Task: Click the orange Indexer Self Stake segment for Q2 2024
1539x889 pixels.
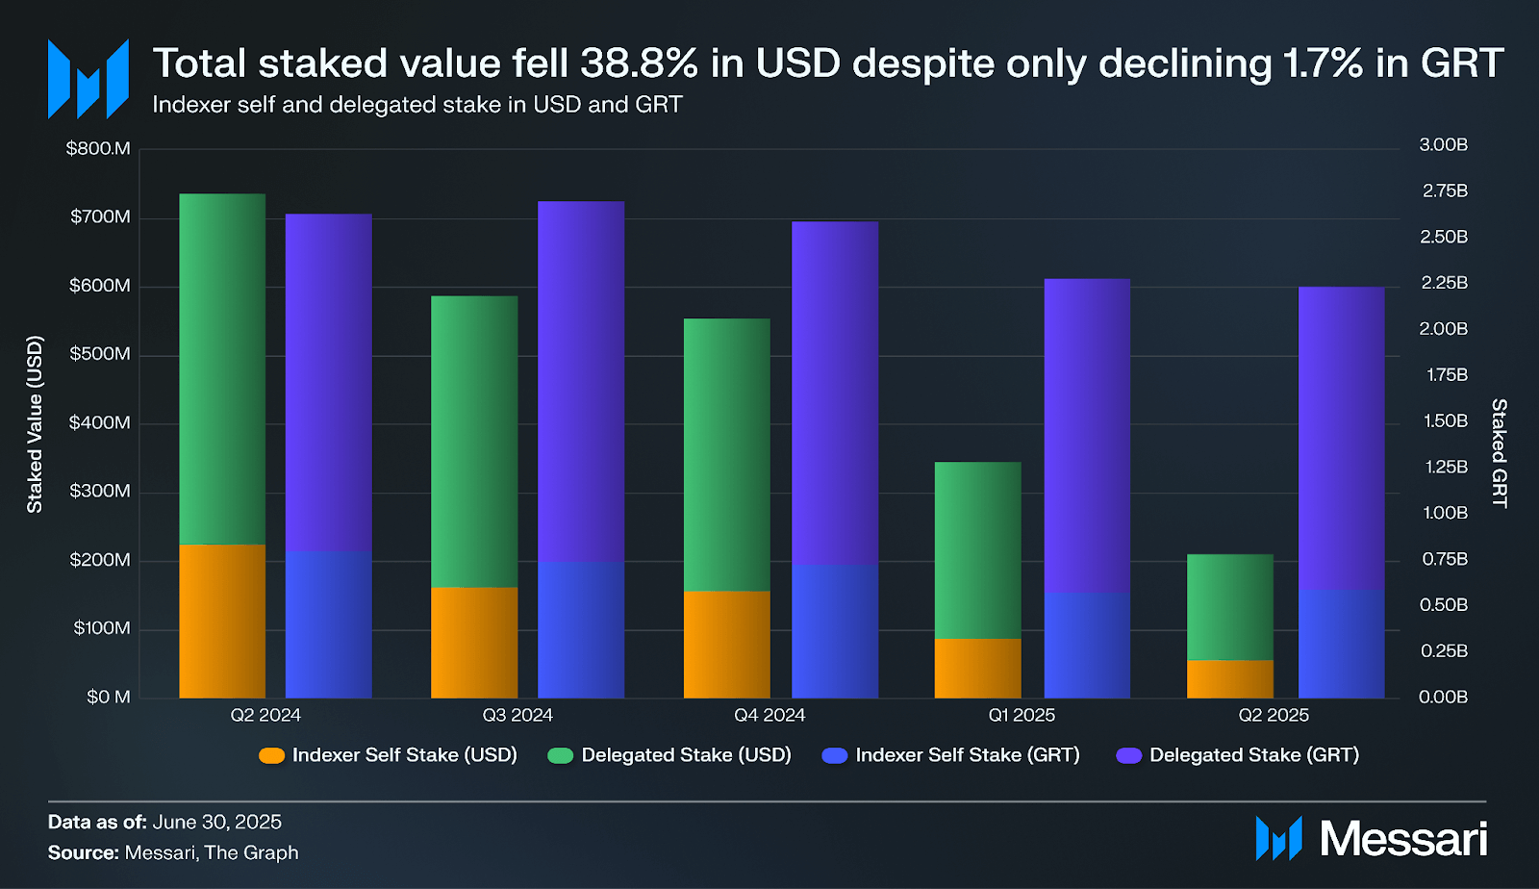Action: pyautogui.click(x=222, y=621)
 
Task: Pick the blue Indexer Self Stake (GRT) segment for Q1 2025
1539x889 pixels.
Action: pyautogui.click(x=1087, y=645)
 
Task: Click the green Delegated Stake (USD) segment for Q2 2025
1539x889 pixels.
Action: pyautogui.click(x=1230, y=607)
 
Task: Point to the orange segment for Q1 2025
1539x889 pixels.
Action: pyautogui.click(x=978, y=668)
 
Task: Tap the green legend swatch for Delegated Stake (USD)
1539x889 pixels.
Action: pyautogui.click(x=560, y=755)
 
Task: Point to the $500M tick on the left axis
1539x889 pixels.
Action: pyautogui.click(x=99, y=354)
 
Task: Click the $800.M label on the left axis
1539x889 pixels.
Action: pyautogui.click(x=98, y=148)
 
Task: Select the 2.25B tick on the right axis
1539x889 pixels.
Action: pyautogui.click(x=1444, y=283)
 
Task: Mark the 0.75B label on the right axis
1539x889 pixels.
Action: pyautogui.click(x=1444, y=559)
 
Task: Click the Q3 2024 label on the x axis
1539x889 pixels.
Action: pyautogui.click(x=517, y=715)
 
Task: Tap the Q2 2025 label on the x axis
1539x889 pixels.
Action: pyautogui.click(x=1274, y=715)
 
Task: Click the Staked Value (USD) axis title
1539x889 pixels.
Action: pyautogui.click(x=36, y=424)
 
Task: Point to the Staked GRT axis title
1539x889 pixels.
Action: pyautogui.click(x=1499, y=453)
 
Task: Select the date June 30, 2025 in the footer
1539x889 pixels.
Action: pyautogui.click(x=216, y=822)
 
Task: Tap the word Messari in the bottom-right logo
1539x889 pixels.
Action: pyautogui.click(x=1403, y=839)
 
